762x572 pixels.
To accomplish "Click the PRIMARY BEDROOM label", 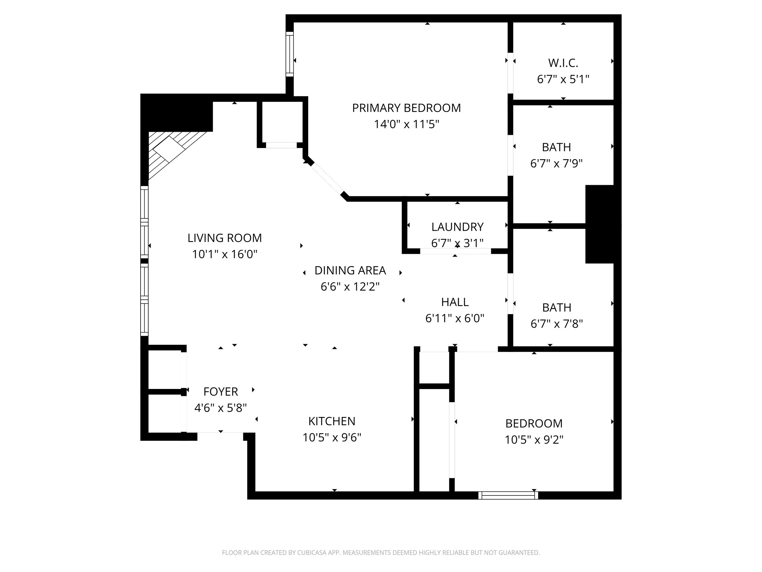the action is (406, 108).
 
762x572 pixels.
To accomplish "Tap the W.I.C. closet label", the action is (563, 63).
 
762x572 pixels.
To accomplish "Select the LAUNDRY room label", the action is (457, 227).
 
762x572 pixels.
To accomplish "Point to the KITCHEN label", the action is (331, 421).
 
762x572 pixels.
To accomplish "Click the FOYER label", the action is (220, 392).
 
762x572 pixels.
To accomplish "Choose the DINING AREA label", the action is (350, 270).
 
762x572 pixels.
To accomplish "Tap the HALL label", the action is (455, 302).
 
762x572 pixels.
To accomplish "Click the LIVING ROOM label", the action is (225, 238).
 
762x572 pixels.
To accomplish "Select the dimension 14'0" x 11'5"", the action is (407, 124).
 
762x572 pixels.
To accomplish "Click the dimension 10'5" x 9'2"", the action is (534, 440).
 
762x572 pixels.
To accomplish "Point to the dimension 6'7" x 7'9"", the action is (556, 163).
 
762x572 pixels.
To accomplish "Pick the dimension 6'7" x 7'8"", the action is (557, 324).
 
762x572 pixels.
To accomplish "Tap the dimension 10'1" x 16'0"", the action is (225, 254).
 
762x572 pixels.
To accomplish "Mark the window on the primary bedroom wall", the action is (290, 54).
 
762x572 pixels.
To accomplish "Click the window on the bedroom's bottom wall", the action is (508, 495).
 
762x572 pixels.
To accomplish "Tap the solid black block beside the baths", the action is (600, 224).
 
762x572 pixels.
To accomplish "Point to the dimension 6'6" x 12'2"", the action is (350, 286).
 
